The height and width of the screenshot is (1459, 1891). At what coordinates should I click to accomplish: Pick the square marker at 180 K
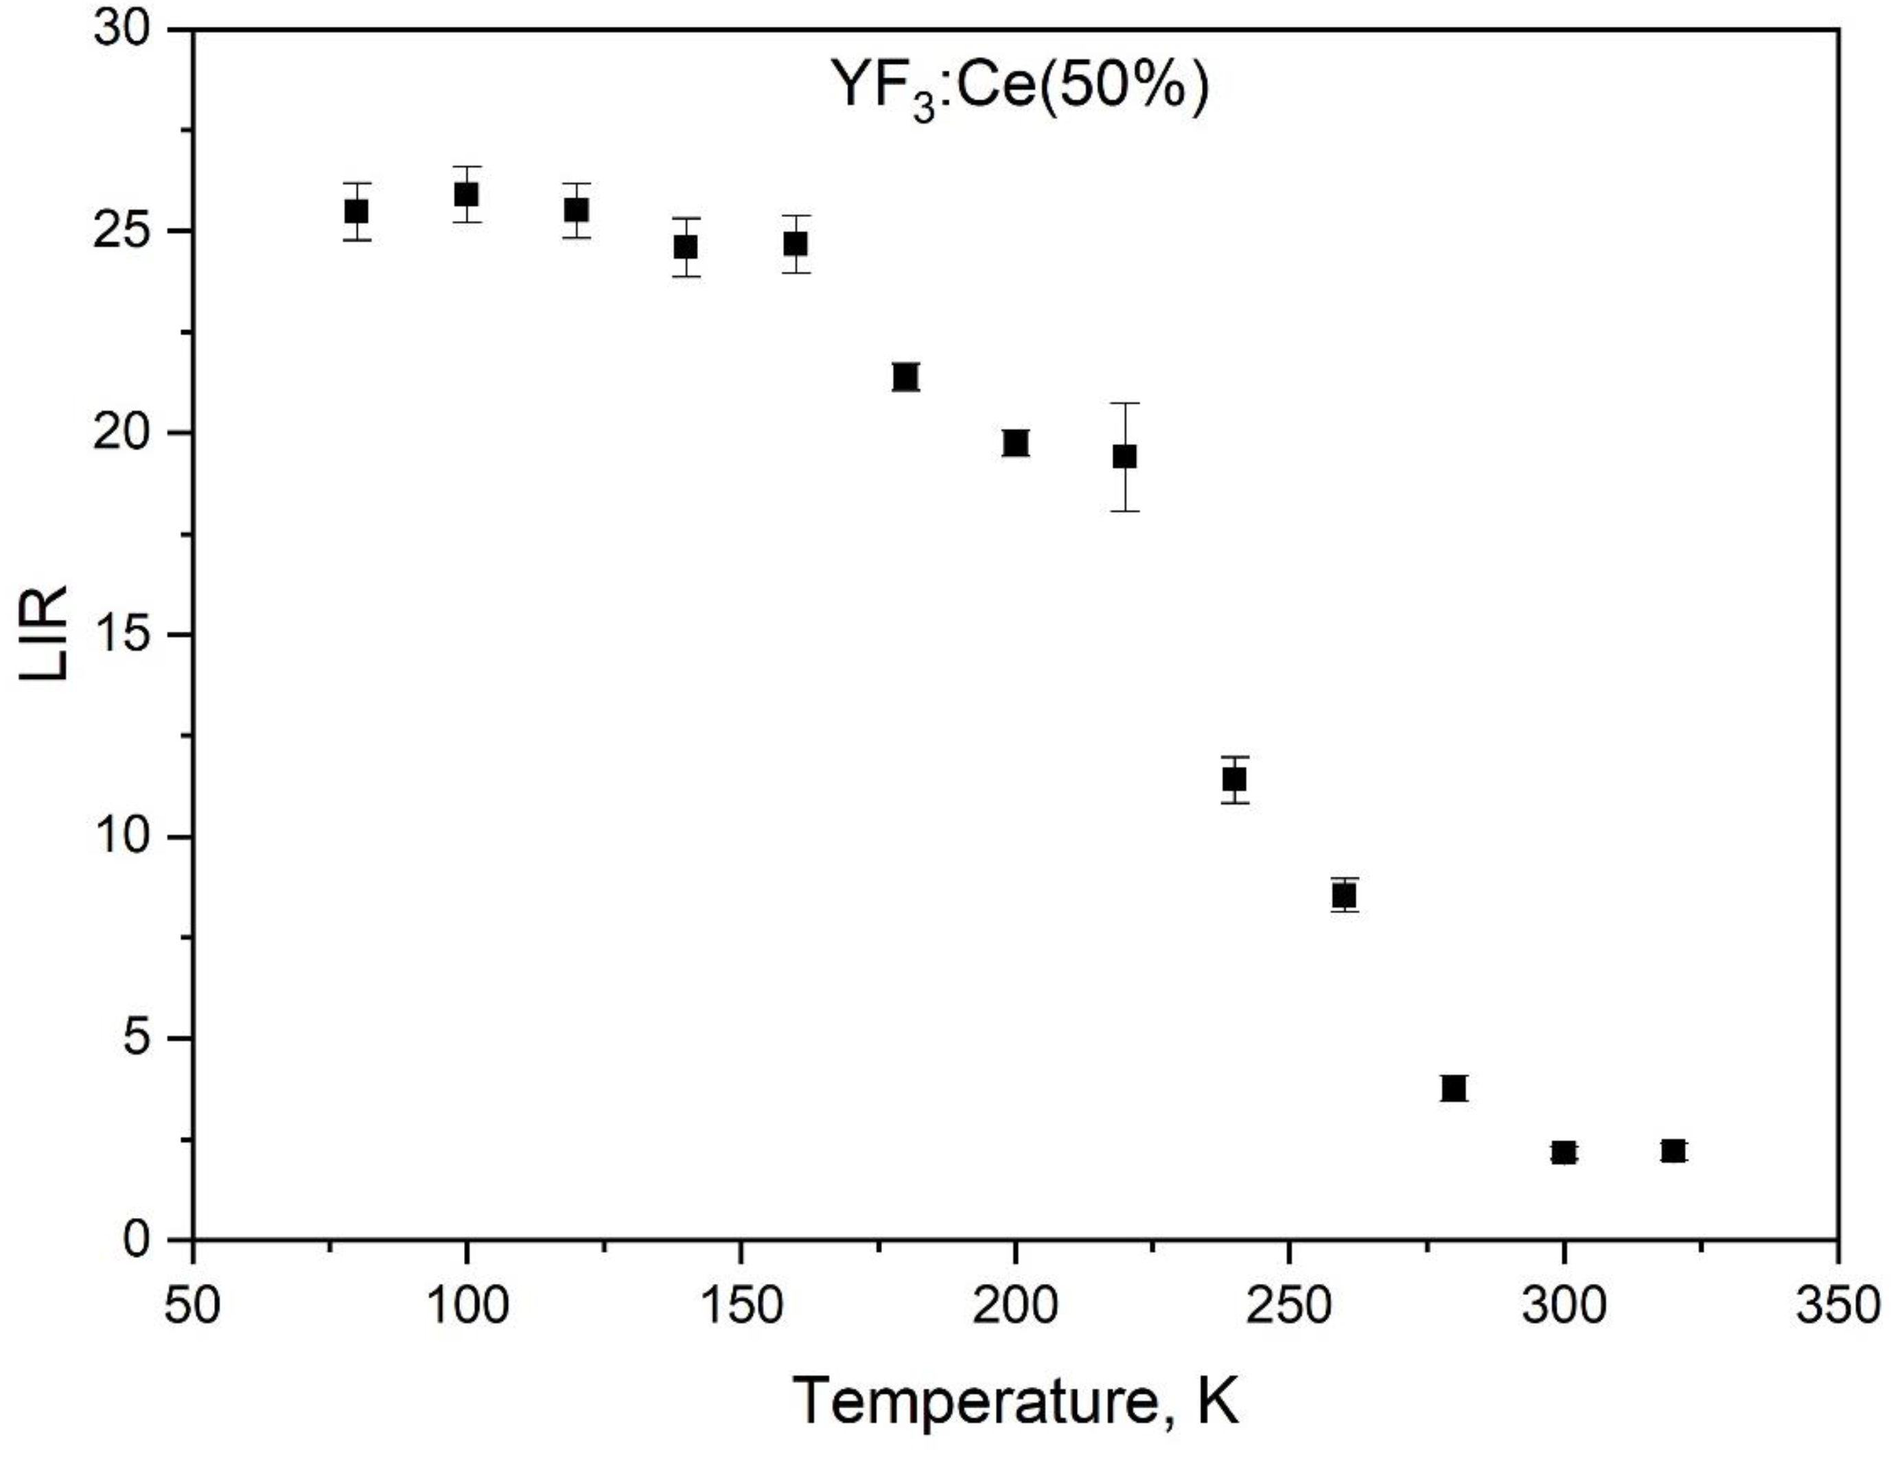click(x=905, y=377)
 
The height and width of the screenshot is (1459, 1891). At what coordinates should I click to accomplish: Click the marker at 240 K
click(x=1235, y=779)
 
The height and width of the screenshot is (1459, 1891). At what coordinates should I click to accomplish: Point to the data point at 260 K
click(x=1344, y=895)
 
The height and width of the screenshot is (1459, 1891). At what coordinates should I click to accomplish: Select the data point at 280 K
click(x=1454, y=1088)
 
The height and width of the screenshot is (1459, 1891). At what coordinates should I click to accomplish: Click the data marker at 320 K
click(x=1673, y=1151)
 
